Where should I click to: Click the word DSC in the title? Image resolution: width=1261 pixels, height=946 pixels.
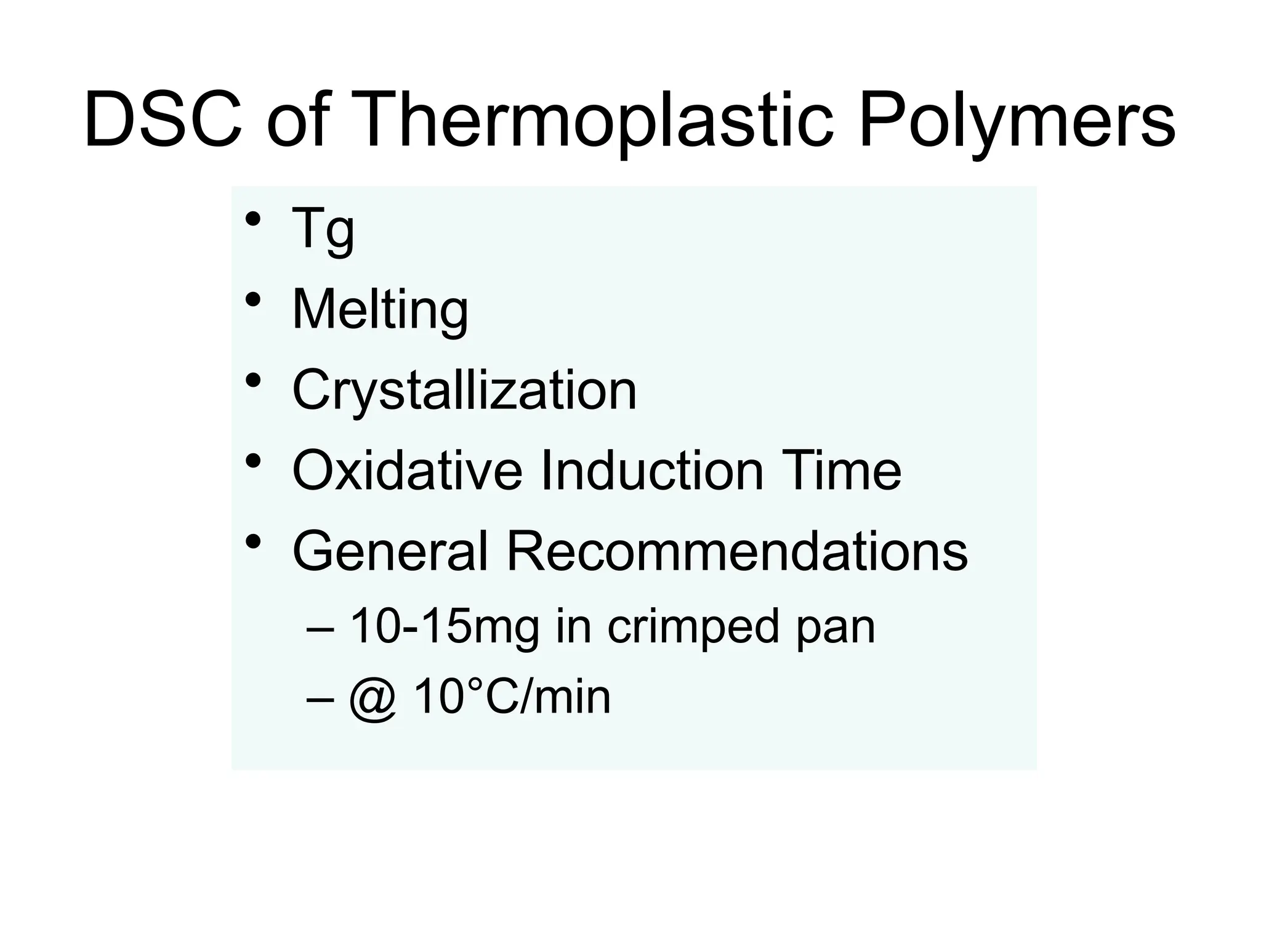click(163, 119)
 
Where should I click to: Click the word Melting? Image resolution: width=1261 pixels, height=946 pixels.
click(380, 310)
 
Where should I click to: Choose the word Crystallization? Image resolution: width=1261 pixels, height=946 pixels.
click(464, 390)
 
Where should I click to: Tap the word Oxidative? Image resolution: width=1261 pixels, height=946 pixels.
click(407, 471)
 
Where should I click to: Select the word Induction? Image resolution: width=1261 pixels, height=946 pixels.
click(652, 471)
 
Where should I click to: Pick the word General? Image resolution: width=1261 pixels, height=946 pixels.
click(390, 551)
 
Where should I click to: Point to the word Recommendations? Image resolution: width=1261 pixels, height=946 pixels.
click(736, 551)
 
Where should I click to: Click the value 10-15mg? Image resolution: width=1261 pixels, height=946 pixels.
click(444, 627)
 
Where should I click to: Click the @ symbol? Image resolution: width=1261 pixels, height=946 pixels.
click(373, 698)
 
